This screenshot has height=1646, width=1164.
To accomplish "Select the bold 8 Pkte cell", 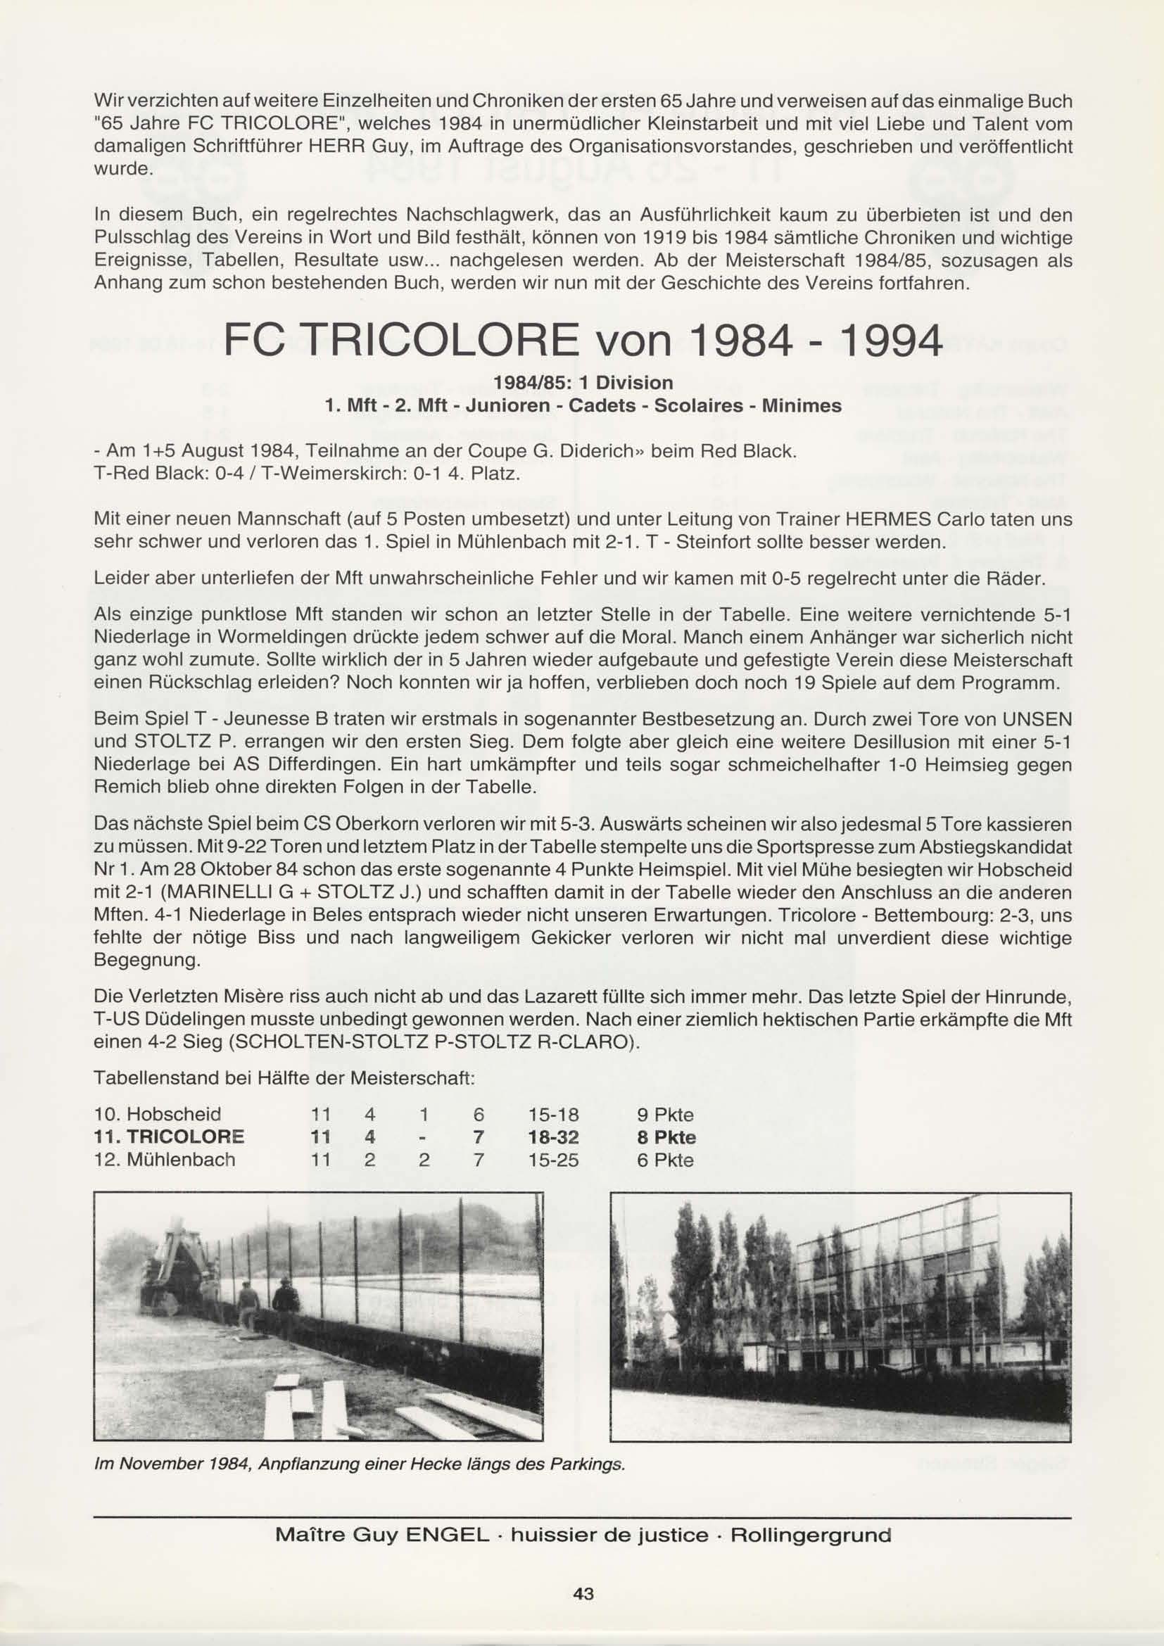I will pyautogui.click(x=666, y=1138).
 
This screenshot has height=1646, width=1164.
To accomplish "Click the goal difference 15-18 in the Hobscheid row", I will pyautogui.click(x=553, y=1115).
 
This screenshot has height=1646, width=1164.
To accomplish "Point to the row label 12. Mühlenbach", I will pyautogui.click(x=165, y=1160).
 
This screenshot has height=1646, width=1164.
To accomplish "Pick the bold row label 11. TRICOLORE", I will pyautogui.click(x=169, y=1138).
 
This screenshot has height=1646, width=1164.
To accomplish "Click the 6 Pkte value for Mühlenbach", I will pyautogui.click(x=665, y=1160).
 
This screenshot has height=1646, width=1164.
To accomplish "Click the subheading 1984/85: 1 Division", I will pyautogui.click(x=582, y=382).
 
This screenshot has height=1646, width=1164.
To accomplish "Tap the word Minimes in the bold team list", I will pyautogui.click(x=802, y=405).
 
